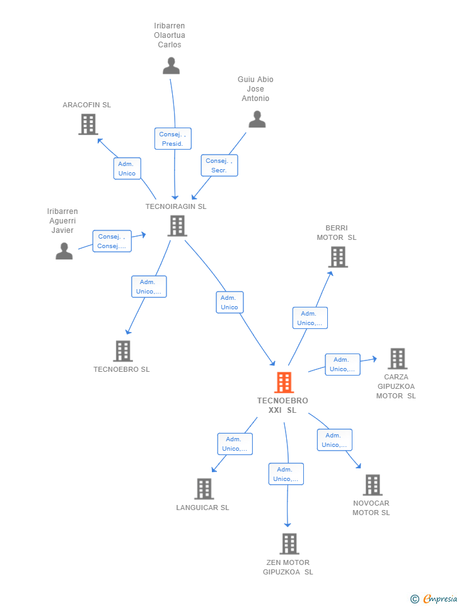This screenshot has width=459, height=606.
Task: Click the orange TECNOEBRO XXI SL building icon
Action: pos(284,383)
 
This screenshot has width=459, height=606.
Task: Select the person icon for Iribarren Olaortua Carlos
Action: pos(171,66)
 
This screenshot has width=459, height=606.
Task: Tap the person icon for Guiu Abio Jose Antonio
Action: pos(257,119)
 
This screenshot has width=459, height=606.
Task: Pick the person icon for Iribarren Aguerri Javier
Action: pos(64,251)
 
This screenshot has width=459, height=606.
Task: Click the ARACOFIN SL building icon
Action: pos(88,124)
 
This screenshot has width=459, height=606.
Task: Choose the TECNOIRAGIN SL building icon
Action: pos(177,225)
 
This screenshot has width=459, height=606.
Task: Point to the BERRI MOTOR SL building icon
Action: pos(338,257)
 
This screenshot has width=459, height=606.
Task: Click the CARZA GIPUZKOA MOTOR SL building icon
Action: pos(397,359)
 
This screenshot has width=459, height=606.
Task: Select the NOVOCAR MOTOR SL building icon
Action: pos(373,485)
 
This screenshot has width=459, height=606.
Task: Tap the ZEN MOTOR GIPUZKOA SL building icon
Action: pos(289,544)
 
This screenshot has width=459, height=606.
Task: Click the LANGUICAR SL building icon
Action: pos(204,489)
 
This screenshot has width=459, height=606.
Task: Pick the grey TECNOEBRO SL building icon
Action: pos(122,351)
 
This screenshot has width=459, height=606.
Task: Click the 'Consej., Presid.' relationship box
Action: pos(172,139)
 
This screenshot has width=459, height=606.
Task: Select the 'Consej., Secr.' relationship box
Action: pos(219,165)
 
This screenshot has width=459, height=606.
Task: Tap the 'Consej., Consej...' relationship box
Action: pos(112,241)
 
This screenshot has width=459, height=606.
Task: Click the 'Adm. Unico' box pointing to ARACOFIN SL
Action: pos(127,169)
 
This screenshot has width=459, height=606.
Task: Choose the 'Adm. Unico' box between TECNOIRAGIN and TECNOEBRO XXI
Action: pos(229,302)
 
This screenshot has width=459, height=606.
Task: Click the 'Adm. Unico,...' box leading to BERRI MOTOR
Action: pos(310,318)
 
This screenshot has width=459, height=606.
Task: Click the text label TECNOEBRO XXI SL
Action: pos(282,405)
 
